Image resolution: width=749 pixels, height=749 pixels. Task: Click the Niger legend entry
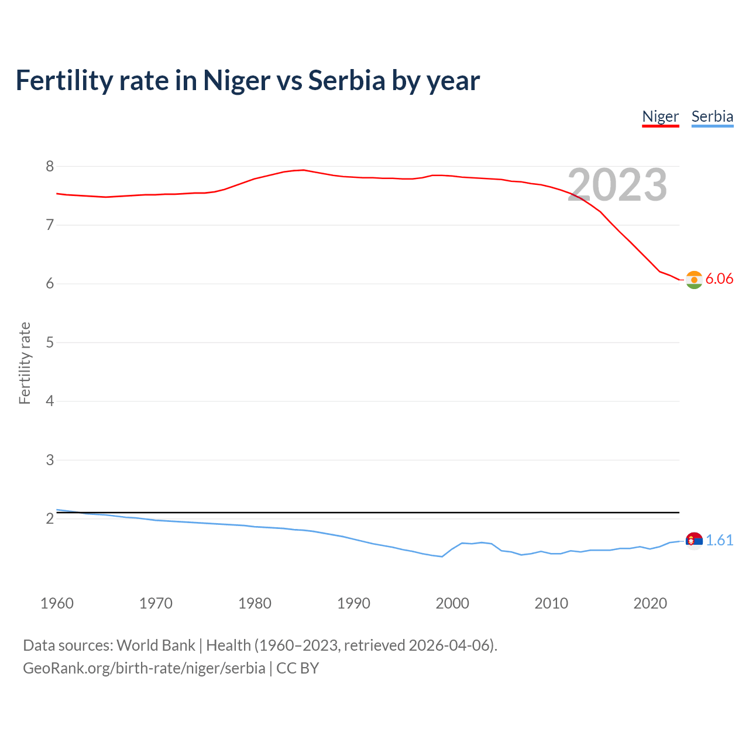(660, 116)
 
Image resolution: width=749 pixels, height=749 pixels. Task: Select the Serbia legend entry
(712, 116)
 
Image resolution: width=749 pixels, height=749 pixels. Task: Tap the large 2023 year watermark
(617, 185)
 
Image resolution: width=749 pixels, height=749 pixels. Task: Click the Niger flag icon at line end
(694, 280)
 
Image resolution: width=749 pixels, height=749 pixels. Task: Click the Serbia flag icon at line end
(694, 541)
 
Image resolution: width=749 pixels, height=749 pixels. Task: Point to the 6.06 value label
(719, 279)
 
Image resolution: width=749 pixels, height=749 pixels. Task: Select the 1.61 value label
(719, 541)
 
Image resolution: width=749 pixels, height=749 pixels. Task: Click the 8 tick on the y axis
(50, 167)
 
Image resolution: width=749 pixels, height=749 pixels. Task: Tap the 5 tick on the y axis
(50, 343)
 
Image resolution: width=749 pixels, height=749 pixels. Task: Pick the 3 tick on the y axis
(50, 461)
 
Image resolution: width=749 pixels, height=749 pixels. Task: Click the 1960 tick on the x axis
(57, 603)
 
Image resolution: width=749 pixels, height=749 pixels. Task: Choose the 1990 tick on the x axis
(353, 603)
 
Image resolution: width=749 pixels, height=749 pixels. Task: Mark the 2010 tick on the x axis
(551, 603)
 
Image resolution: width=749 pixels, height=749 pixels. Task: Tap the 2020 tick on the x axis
(650, 603)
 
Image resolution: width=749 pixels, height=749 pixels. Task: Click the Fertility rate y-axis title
(25, 363)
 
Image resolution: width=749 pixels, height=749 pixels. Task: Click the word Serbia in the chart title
(347, 81)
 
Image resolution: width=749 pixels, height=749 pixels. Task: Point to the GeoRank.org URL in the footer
(144, 668)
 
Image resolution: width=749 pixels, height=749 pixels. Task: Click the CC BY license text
(297, 668)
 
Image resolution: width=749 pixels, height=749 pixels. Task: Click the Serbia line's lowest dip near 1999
(442, 556)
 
